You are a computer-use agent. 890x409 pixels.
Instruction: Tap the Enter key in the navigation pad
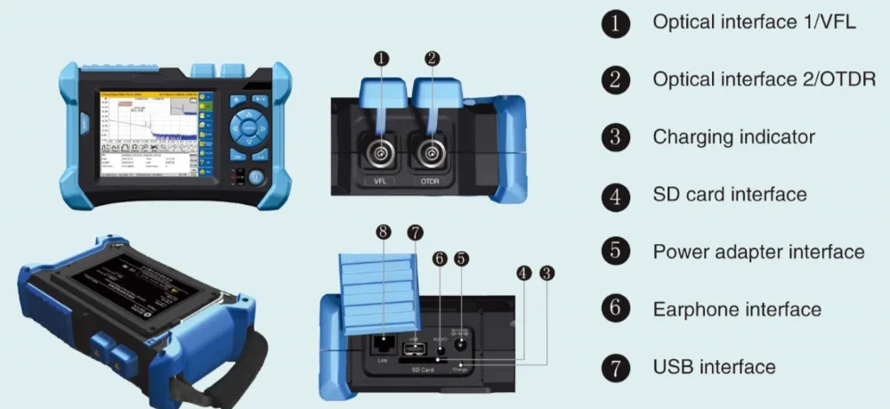[x=249, y=129]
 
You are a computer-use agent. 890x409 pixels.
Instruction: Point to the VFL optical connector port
[x=380, y=154]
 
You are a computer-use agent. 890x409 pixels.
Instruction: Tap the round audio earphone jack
[x=439, y=346]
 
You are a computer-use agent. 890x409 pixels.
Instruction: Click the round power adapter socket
[x=461, y=343]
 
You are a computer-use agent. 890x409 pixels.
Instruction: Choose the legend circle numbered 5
[x=615, y=251]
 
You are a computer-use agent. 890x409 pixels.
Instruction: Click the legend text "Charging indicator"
[x=733, y=137]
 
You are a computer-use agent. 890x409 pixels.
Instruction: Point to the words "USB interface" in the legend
[x=714, y=366]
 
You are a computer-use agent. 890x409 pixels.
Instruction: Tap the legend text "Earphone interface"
[x=737, y=309]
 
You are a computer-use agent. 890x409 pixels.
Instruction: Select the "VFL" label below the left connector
[x=380, y=183]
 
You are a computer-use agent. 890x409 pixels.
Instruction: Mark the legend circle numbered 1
[x=615, y=23]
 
